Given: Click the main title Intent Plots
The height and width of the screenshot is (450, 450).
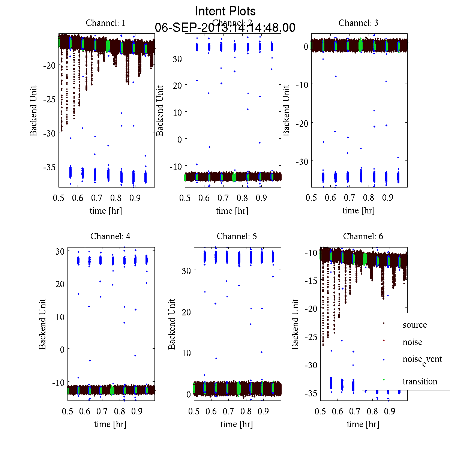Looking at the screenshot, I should [x=225, y=11].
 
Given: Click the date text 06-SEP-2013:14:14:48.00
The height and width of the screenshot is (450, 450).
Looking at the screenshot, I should [x=225, y=28].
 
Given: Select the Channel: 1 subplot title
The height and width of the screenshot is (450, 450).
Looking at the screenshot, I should [x=106, y=23].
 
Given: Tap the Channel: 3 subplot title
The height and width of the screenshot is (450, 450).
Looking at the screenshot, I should [x=358, y=23].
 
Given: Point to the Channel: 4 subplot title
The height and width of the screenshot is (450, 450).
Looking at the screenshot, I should [x=110, y=236].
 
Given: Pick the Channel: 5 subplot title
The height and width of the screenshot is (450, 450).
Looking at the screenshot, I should [x=237, y=236].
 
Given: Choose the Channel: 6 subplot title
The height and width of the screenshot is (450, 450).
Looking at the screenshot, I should [x=363, y=236].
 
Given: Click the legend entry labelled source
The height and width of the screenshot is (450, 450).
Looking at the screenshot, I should [x=415, y=325].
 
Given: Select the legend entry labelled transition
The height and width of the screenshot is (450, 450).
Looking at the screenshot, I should [x=420, y=381].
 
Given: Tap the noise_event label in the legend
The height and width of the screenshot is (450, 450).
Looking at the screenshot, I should [x=422, y=360].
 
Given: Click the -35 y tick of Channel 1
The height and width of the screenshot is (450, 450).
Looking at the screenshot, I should [x=49, y=167].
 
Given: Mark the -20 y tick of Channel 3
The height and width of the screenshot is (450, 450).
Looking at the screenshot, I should [x=302, y=123].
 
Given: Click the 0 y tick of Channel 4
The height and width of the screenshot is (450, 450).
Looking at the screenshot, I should [x=62, y=349].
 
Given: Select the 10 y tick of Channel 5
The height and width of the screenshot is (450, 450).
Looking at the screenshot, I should [x=186, y=353].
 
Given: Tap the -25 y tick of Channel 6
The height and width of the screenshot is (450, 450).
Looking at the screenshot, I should [x=311, y=337].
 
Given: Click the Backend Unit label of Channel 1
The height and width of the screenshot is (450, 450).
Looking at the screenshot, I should [x=34, y=111].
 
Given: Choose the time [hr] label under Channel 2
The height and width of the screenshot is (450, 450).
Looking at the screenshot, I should [x=232, y=211].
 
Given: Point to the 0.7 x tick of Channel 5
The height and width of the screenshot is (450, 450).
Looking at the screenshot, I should [x=228, y=411].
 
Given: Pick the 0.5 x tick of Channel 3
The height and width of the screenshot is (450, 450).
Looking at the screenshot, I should [x=311, y=198].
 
